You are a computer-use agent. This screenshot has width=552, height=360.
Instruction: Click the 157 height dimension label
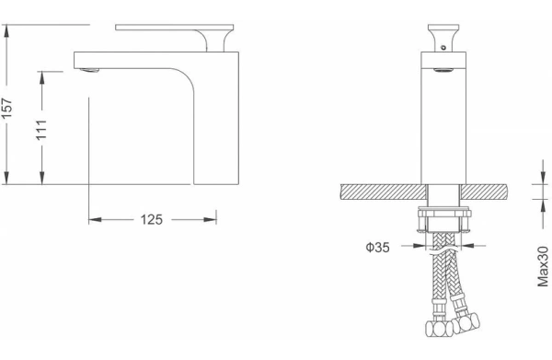pos(6,108)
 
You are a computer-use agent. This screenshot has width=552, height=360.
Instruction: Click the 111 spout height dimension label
pos(41,130)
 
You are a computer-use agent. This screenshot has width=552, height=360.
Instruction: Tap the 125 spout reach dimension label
pos(152,220)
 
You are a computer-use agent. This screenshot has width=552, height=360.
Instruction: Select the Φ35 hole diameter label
pos(378,248)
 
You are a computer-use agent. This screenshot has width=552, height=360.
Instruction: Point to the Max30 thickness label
pos(543,267)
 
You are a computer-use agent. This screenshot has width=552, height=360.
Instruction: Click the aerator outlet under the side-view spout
pos(90,71)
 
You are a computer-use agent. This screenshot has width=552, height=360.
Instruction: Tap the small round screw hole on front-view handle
pos(443,47)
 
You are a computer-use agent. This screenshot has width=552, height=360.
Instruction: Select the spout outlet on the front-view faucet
pos(443,70)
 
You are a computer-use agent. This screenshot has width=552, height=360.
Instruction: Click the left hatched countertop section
pos(384,192)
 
